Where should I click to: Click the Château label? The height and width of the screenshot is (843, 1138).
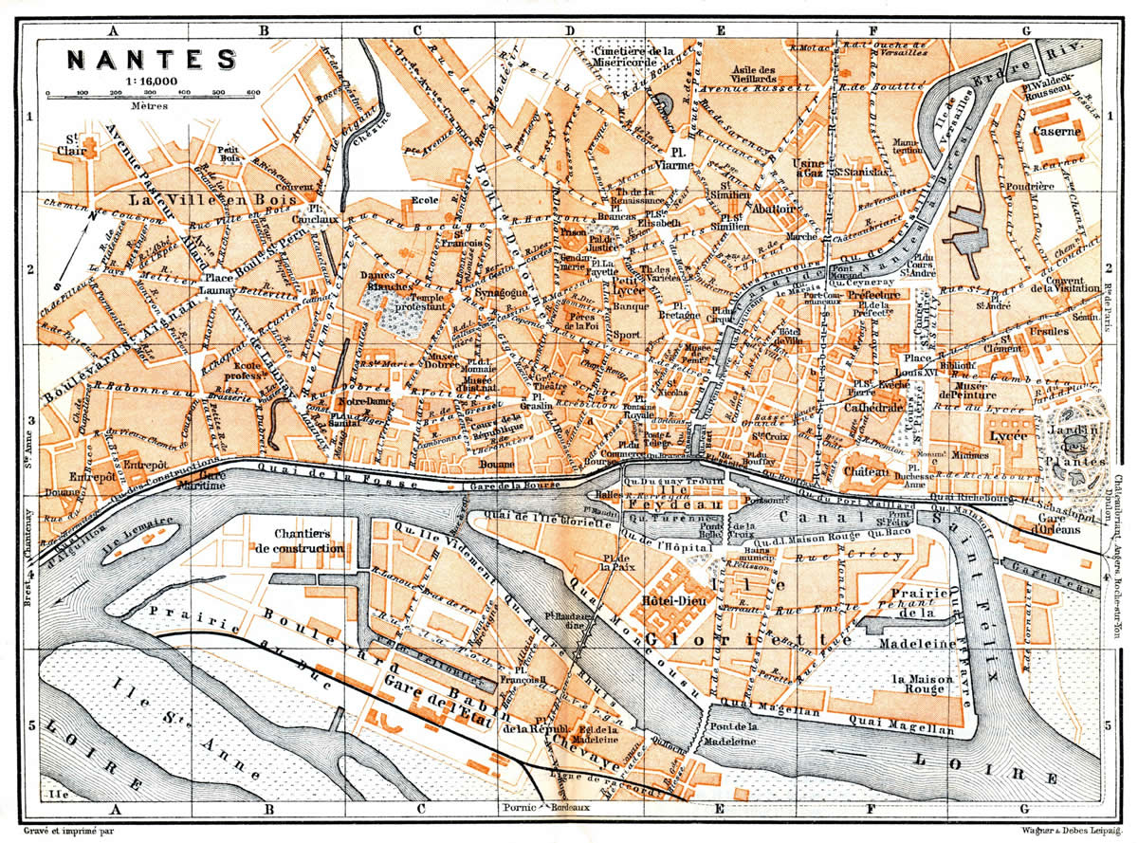point(864,471)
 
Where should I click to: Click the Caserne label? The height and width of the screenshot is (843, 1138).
point(1057,133)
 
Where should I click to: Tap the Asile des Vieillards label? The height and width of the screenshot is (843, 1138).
point(767,75)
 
